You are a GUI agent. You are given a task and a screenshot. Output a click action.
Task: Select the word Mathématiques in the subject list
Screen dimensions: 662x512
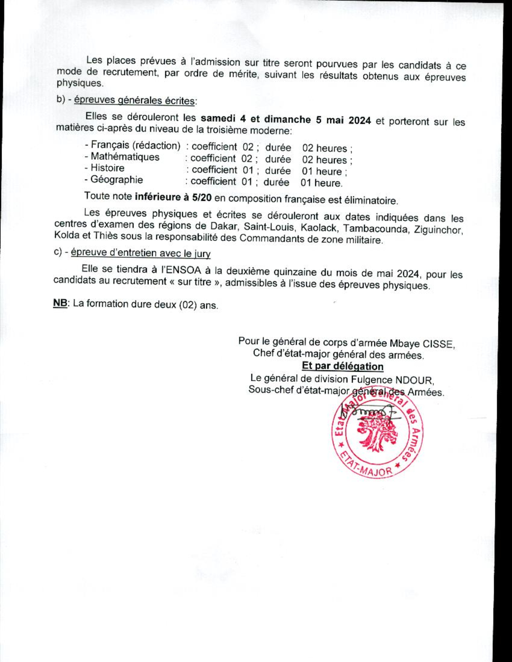click(125, 157)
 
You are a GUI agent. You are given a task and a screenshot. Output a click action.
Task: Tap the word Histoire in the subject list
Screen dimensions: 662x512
click(108, 168)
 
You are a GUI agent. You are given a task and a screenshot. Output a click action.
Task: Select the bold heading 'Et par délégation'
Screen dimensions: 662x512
click(342, 366)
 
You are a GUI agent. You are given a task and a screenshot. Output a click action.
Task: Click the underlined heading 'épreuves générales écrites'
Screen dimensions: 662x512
click(134, 101)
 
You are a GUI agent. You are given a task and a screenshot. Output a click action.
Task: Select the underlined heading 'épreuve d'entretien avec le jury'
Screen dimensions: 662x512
click(140, 253)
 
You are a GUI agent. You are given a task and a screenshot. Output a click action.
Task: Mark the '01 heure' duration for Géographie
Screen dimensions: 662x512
click(321, 183)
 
